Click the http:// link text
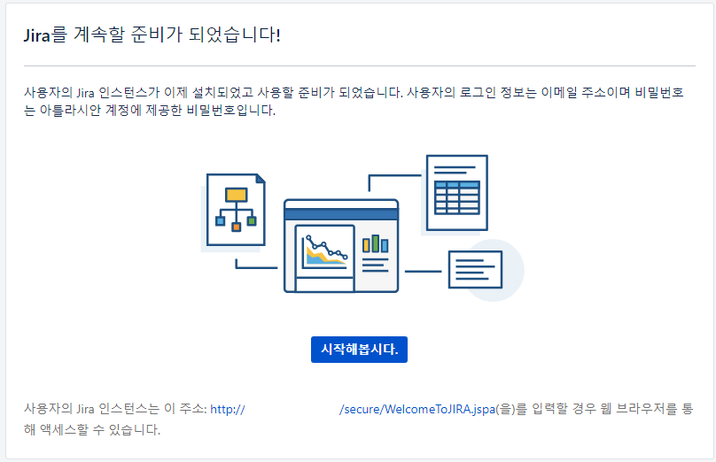227,409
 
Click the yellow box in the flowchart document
236,195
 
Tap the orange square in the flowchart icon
236,227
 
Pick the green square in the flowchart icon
252,220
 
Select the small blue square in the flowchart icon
220,220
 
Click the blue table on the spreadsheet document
457,195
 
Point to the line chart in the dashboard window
324,251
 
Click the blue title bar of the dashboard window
341,213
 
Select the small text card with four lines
475,269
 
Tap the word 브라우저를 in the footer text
648,409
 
